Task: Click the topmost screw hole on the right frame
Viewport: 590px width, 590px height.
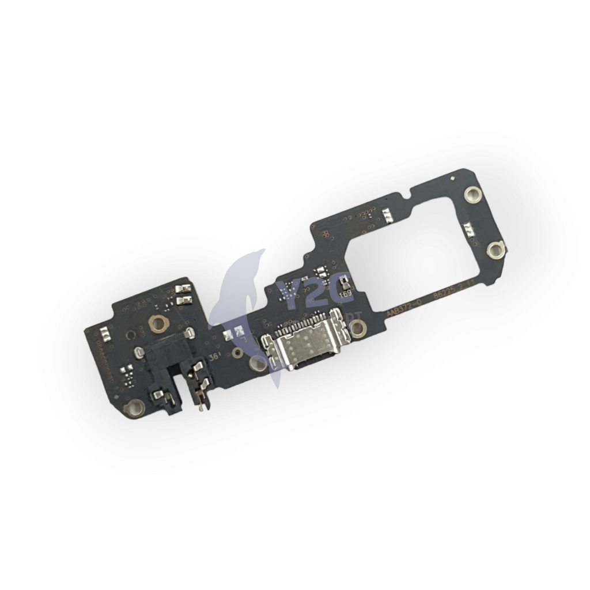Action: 472,195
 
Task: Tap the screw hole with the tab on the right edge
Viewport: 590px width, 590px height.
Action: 495,249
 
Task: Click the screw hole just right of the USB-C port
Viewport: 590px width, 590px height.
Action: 358,328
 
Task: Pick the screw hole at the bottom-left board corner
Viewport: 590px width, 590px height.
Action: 134,409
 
